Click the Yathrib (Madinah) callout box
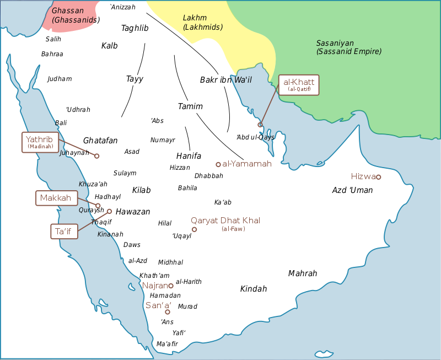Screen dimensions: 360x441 tap(40, 142)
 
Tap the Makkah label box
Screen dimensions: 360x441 tap(57, 198)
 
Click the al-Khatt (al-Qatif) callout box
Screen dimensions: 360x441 tap(299, 85)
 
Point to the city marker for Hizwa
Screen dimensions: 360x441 tap(378, 177)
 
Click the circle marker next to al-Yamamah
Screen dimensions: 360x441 tap(218, 164)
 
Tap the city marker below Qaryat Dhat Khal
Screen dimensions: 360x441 tap(194, 229)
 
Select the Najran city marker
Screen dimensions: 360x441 tap(171, 286)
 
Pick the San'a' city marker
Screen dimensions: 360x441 tap(168, 312)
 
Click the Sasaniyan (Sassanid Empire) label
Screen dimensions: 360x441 tap(348, 47)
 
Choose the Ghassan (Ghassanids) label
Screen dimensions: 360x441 tap(76, 15)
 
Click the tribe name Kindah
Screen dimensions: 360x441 tap(254, 289)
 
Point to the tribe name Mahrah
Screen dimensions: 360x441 tap(303, 273)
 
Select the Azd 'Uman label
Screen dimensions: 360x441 tap(352, 190)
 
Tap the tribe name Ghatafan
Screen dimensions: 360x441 tap(100, 141)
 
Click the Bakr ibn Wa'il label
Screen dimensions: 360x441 tap(225, 80)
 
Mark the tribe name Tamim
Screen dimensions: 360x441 tap(190, 106)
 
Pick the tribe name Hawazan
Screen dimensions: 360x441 tap(133, 212)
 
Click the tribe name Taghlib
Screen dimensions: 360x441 tap(135, 28)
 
